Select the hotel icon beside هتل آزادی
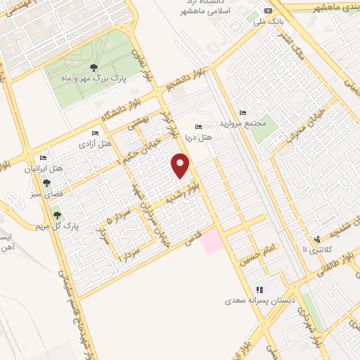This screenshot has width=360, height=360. (x=96, y=134)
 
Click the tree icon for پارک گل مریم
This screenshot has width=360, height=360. (x=57, y=215)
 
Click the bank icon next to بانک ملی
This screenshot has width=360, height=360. (x=267, y=11)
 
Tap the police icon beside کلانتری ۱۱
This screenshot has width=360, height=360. (x=318, y=239)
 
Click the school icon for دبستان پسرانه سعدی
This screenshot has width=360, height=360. (x=259, y=289)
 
